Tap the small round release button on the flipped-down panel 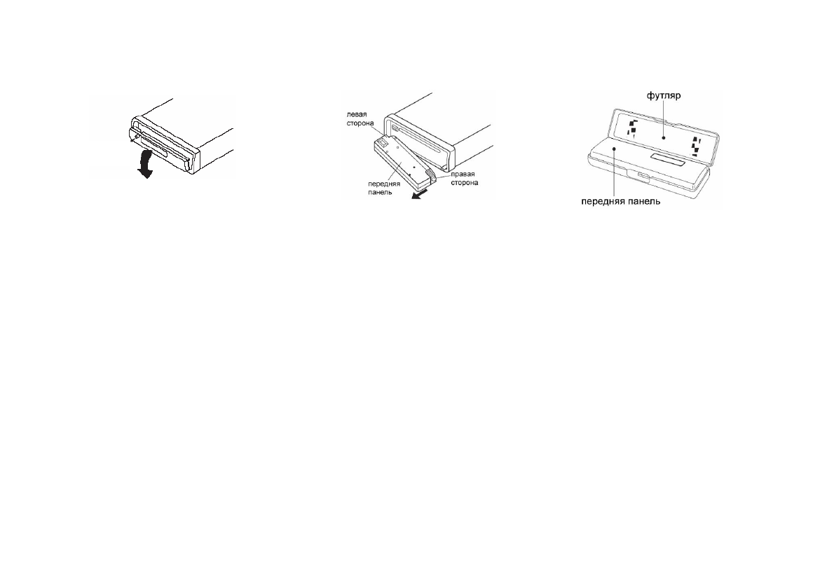click(x=137, y=146)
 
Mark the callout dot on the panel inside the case click(x=613, y=149)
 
